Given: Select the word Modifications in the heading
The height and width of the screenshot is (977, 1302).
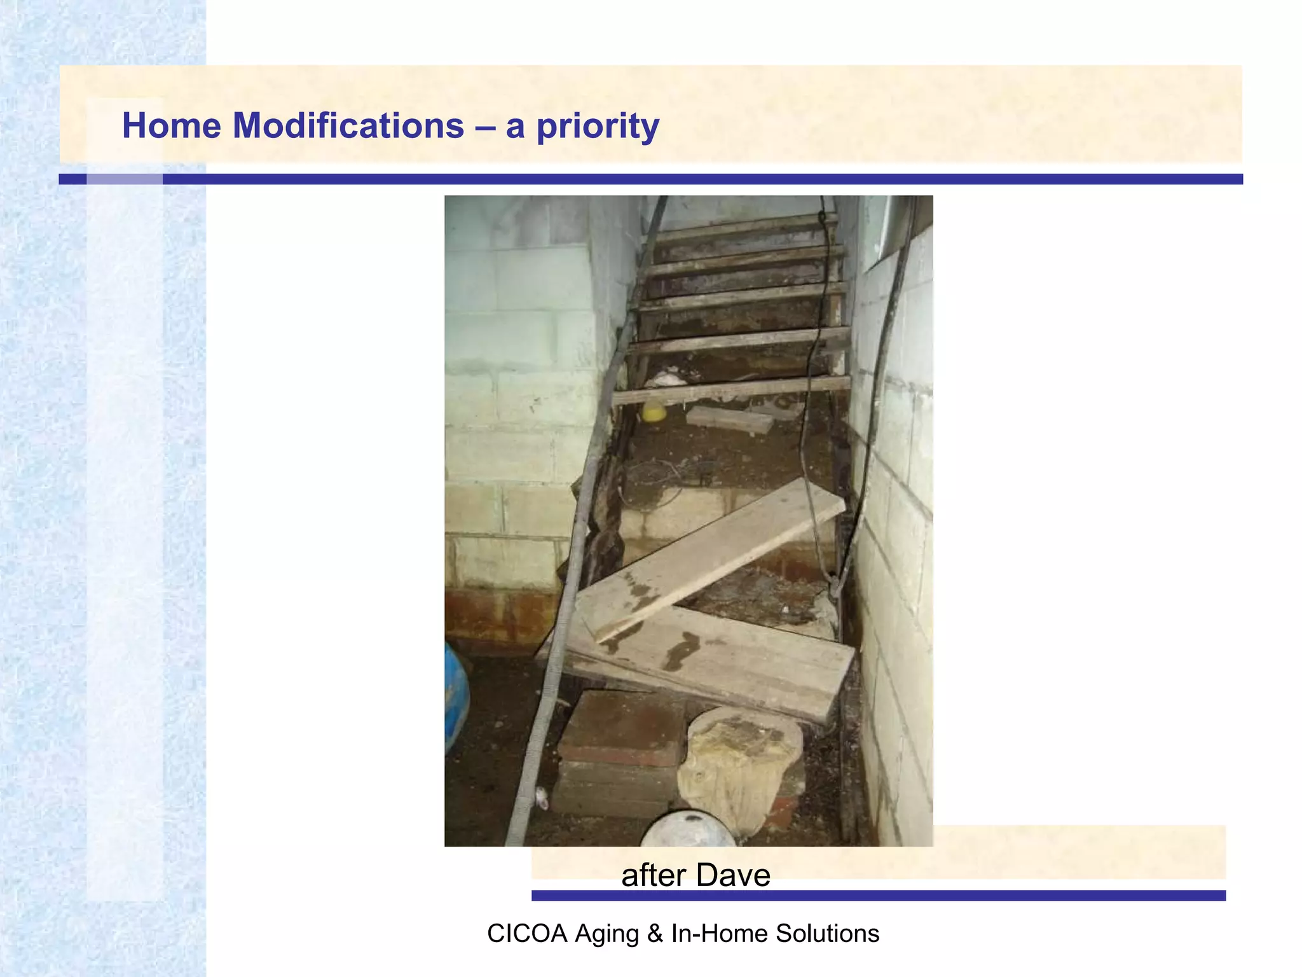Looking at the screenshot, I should pyautogui.click(x=348, y=125).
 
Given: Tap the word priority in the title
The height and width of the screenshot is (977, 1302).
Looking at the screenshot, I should pyautogui.click(x=598, y=127).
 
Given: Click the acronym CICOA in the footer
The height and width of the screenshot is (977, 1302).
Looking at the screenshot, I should pyautogui.click(x=526, y=934).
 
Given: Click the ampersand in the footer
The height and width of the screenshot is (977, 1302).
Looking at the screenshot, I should pyautogui.click(x=655, y=934).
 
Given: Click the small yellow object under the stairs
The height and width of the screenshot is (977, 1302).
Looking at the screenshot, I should pyautogui.click(x=654, y=412).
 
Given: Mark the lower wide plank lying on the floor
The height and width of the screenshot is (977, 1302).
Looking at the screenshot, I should pyautogui.click(x=712, y=662).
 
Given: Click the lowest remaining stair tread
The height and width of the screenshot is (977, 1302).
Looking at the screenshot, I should pyautogui.click(x=731, y=389).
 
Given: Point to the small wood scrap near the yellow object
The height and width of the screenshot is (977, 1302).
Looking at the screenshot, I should pyautogui.click(x=729, y=419).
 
